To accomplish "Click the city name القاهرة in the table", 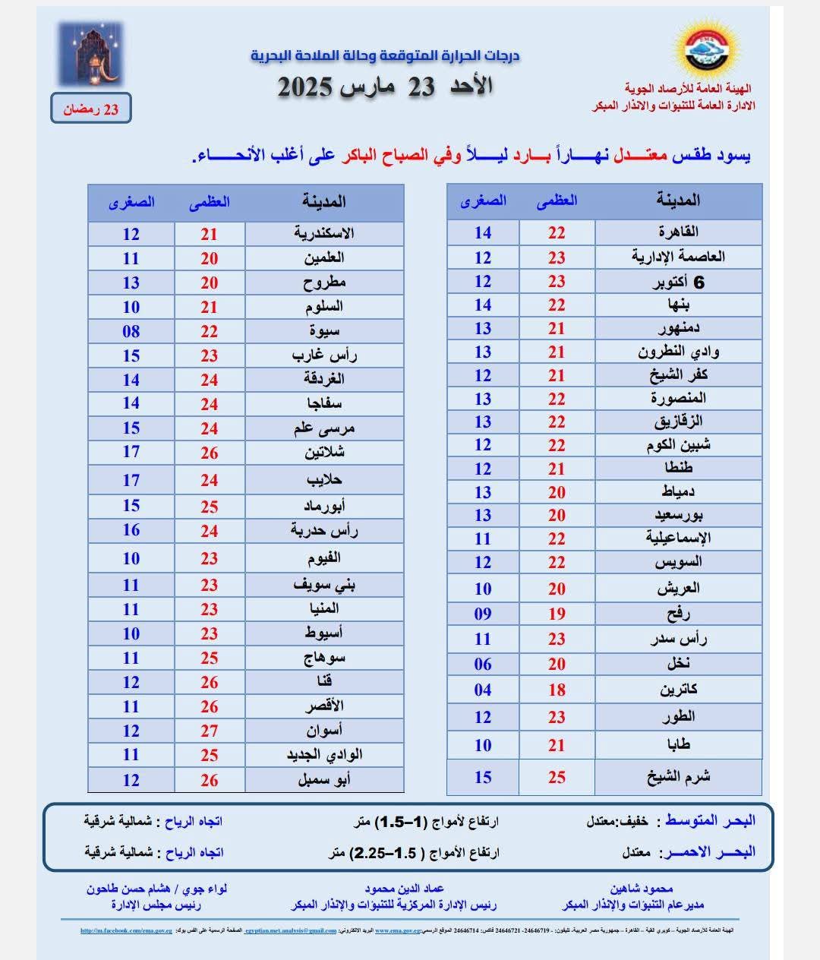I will point(678,232).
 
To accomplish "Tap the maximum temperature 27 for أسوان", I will point(210,731).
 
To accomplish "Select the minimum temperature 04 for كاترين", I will point(483,690).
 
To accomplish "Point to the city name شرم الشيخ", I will point(678,777).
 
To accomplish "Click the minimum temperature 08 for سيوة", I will point(131,331).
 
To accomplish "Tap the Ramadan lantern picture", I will point(91,55).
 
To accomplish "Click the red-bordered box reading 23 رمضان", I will point(92,109).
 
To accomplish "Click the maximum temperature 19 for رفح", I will point(557,614).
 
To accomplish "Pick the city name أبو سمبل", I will point(324,780).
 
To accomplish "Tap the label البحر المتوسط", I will point(710,821).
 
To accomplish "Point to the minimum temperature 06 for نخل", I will point(483,663).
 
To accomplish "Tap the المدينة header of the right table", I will point(678,201).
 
